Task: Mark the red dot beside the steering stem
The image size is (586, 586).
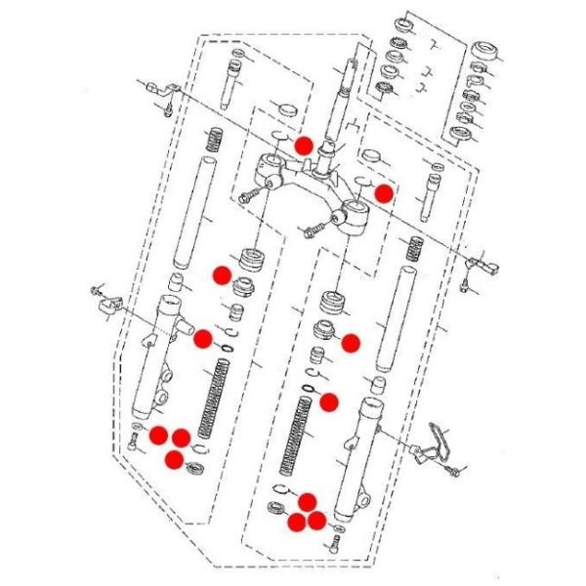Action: (304, 145)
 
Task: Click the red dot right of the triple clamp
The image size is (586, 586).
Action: (384, 192)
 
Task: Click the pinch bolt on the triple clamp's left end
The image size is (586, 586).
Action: (248, 195)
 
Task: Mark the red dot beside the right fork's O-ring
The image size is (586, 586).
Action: (329, 399)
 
